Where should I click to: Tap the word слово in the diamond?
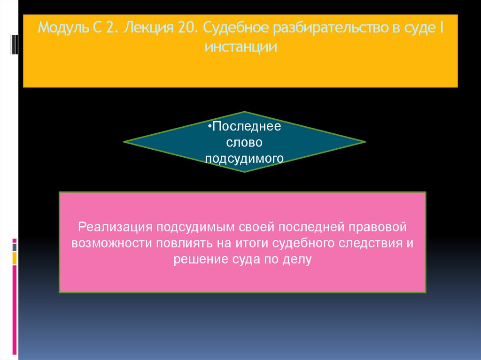tap(244, 142)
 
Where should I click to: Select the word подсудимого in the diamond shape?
tap(244, 158)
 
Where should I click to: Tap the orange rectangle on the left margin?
tap(15, 258)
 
